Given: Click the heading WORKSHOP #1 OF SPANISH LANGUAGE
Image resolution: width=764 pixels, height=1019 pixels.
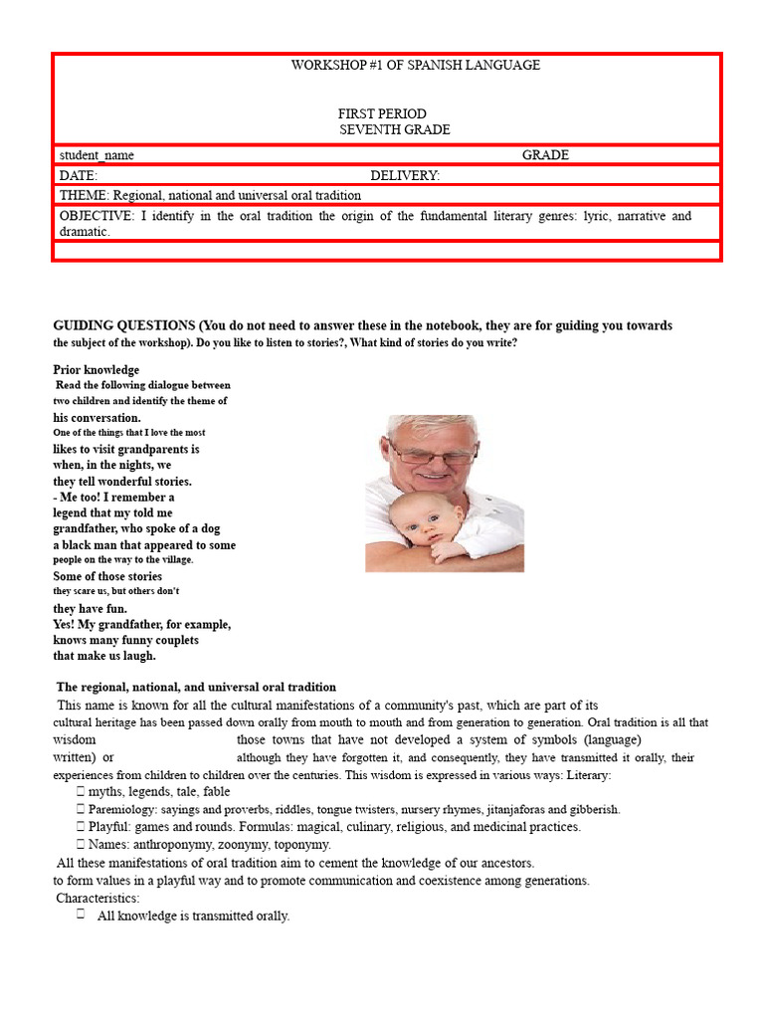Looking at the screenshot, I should point(415,65).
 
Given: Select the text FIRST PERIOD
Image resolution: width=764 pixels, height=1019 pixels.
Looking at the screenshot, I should point(382,114).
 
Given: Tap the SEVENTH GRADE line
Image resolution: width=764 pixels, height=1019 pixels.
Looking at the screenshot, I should point(394,130).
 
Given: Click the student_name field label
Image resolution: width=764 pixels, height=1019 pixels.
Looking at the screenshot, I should point(96,155).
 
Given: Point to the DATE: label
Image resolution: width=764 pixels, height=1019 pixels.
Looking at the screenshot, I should point(79,175).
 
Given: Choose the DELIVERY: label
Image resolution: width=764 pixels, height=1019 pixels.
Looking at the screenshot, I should point(405,175).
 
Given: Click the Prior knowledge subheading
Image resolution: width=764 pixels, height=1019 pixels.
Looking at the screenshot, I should point(96,370).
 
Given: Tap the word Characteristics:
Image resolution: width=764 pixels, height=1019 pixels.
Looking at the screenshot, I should point(98,899).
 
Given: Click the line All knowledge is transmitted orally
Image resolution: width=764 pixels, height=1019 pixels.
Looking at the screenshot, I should point(193,916).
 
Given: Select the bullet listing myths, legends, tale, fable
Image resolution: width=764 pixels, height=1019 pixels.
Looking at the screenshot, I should point(159,791).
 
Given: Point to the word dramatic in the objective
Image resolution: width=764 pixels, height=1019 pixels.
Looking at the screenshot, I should point(83,231).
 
